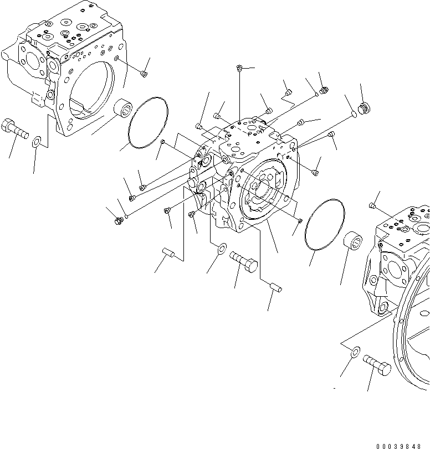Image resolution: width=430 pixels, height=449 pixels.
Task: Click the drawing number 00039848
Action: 402,445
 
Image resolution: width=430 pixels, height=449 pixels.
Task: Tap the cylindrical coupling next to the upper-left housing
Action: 122,107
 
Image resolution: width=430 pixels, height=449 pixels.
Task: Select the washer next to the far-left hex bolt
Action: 36,142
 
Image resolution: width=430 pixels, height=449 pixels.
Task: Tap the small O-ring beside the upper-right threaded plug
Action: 353,115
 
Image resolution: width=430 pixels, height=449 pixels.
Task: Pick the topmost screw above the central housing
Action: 239,68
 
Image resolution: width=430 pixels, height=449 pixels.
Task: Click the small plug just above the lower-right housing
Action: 372,207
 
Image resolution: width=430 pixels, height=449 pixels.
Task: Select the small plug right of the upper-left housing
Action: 144,73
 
